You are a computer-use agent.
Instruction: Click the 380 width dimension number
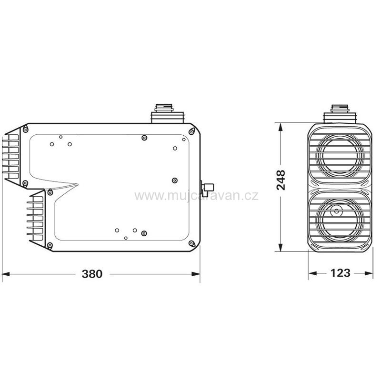pos(92,274)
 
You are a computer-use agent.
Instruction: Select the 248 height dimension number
pos(281,180)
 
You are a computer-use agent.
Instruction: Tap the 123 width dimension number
pos(340,273)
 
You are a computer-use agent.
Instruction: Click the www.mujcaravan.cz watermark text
pos(196,196)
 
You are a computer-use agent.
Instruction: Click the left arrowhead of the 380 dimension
pos(6,274)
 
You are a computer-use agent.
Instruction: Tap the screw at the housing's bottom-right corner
pos(191,243)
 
